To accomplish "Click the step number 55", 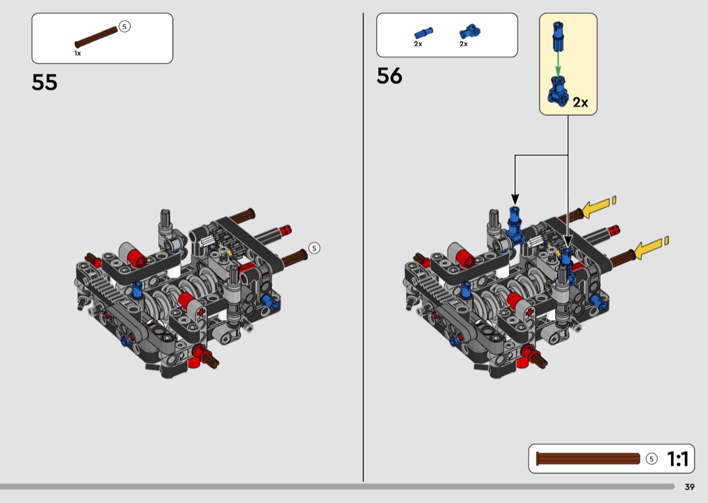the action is click(x=45, y=83).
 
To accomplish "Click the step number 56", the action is click(x=389, y=76).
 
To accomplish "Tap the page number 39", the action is click(x=690, y=487).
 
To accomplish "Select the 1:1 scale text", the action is click(x=677, y=459).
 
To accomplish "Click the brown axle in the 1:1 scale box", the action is click(x=588, y=458).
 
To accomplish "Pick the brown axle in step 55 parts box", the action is click(x=96, y=37).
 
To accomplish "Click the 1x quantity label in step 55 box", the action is click(x=78, y=53).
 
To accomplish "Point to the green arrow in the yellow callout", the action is click(x=558, y=63).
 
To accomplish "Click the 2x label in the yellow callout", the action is click(x=580, y=102).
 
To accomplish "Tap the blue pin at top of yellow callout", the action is click(x=558, y=36).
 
